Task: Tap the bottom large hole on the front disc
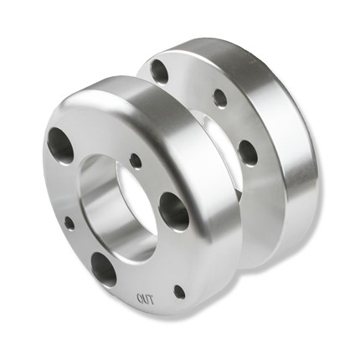[x=104, y=269]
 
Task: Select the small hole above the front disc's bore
[x=136, y=161]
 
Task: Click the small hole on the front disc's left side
[x=69, y=224]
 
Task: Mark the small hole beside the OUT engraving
[x=178, y=291]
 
